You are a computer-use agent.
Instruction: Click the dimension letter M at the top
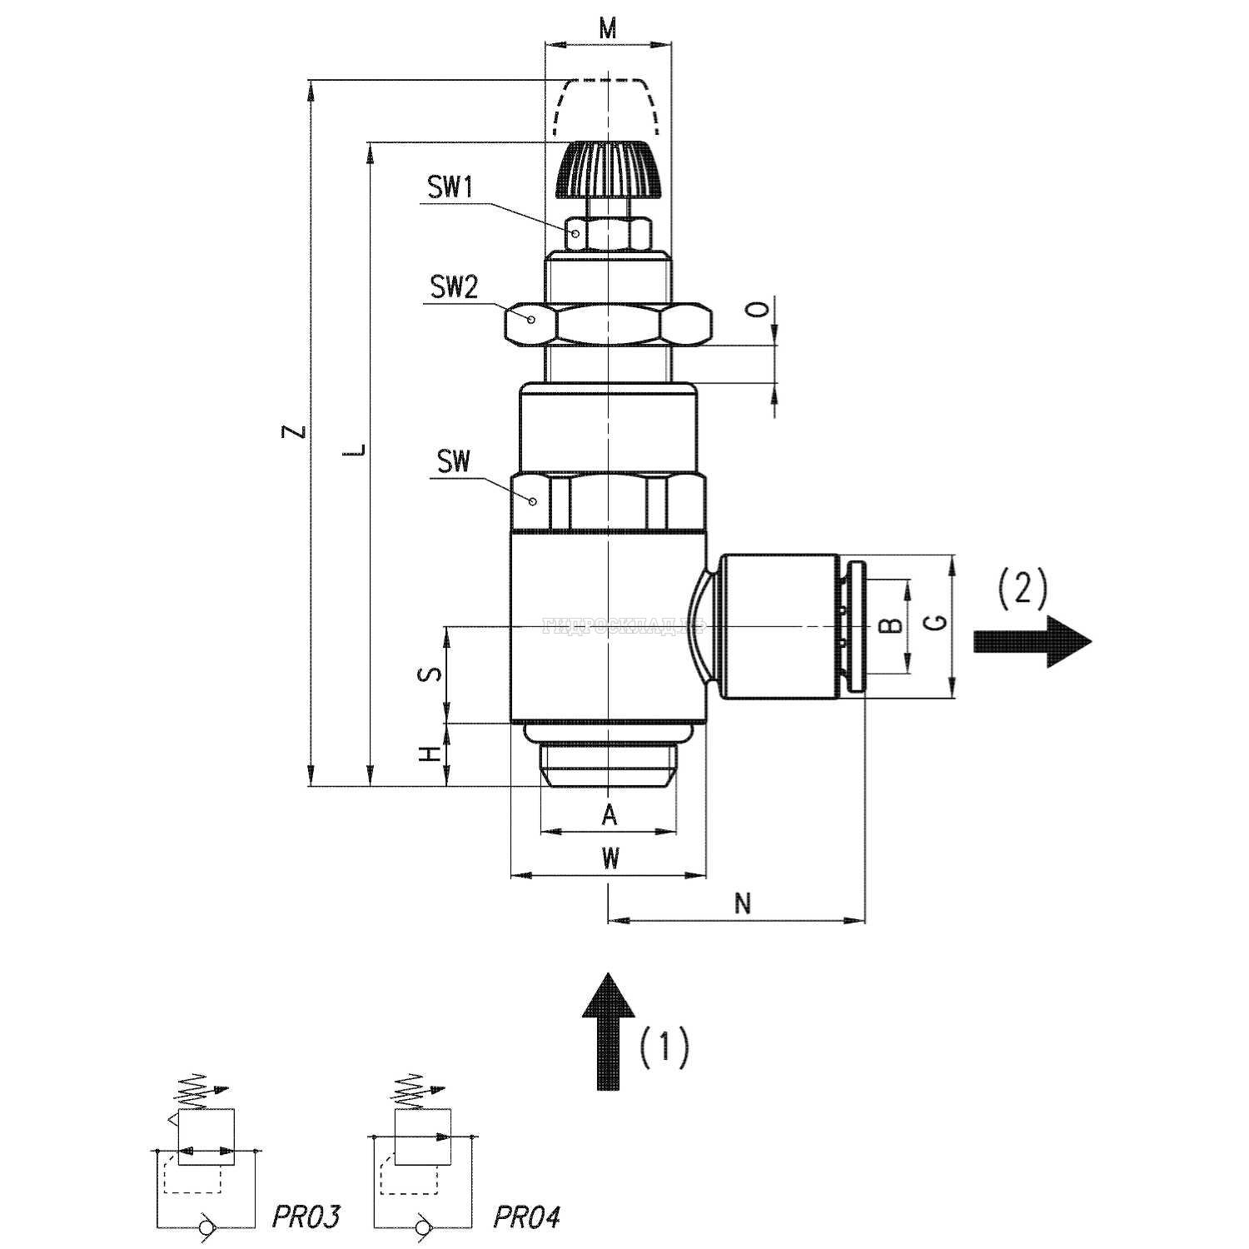[x=608, y=28]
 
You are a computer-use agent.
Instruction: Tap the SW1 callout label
[x=450, y=187]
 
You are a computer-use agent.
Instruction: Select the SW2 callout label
[x=454, y=287]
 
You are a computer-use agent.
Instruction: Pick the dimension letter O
[x=756, y=310]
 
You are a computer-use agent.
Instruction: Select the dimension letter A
[x=610, y=815]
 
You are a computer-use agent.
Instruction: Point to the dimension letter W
[x=610, y=858]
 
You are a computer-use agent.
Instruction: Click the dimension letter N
[x=744, y=903]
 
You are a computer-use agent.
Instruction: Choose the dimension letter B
[x=891, y=624]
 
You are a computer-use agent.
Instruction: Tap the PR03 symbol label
[x=306, y=1217]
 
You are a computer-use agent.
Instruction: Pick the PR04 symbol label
[x=526, y=1217]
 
